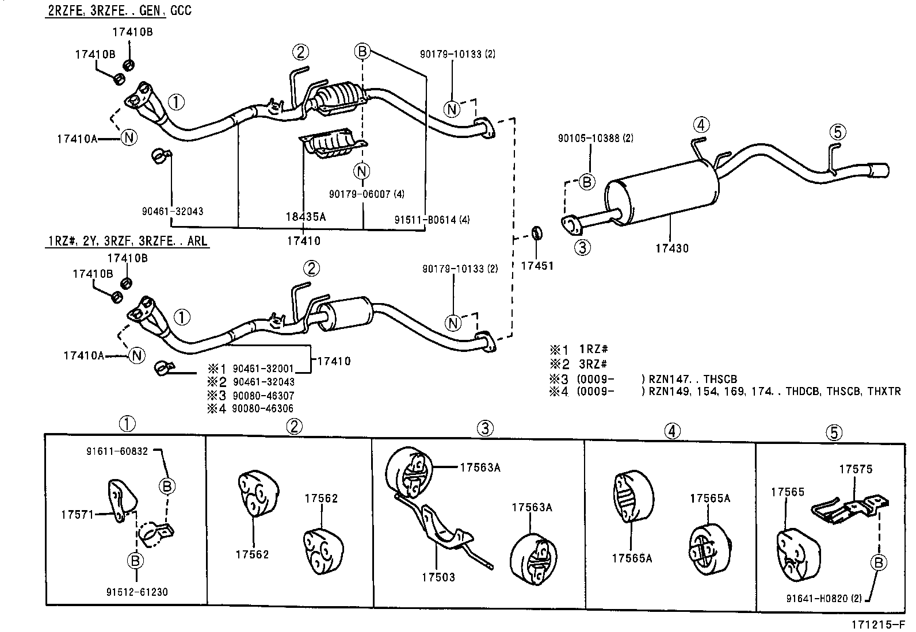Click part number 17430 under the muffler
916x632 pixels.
(x=671, y=248)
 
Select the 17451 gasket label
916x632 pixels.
(x=537, y=266)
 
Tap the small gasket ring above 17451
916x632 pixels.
(x=536, y=233)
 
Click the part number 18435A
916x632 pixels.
(x=306, y=217)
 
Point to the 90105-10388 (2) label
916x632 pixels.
(x=596, y=138)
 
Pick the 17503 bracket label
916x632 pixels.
(x=438, y=577)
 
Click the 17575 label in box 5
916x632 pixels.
(x=855, y=469)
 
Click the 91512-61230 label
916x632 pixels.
(x=137, y=592)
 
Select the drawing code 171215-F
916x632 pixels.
(x=879, y=625)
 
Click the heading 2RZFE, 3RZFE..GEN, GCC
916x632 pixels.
(x=119, y=10)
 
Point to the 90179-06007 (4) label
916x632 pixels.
(x=367, y=194)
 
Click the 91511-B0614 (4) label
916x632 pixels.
(x=433, y=219)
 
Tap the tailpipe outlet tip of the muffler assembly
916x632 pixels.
(x=880, y=171)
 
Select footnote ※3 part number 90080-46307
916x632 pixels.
(x=263, y=396)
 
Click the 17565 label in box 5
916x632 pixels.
(x=787, y=492)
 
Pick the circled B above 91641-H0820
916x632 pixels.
(x=878, y=562)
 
